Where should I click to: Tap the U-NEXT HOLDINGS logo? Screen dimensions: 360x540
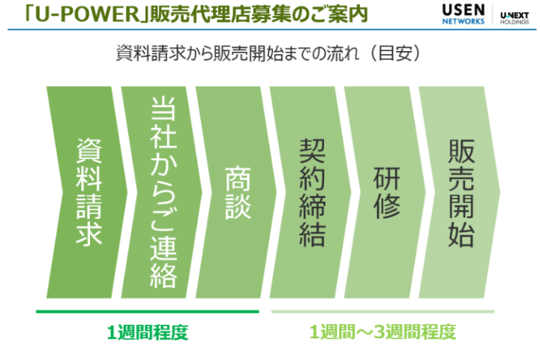(515, 16)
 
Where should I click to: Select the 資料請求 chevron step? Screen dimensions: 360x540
(88, 192)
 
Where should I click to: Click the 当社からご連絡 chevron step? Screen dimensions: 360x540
(163, 192)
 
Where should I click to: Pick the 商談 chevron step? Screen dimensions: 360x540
(238, 192)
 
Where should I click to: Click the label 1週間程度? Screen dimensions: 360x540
(147, 331)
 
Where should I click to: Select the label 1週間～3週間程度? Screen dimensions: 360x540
(382, 331)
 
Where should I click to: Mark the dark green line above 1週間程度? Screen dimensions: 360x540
(147, 310)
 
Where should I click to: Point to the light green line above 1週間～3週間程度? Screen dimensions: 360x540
(382, 310)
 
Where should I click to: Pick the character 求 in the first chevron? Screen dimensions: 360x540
(88, 234)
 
